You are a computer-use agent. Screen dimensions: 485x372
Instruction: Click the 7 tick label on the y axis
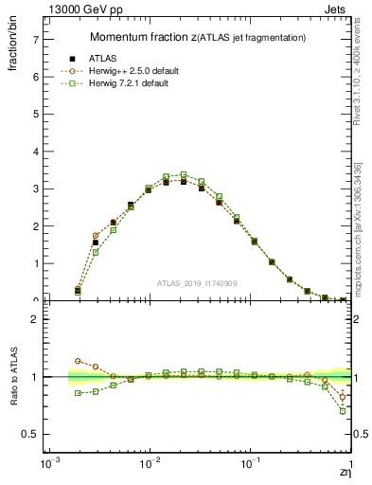(36, 40)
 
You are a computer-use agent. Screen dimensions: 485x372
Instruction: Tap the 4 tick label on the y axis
(36, 152)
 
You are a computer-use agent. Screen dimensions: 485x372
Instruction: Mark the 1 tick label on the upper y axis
(36, 263)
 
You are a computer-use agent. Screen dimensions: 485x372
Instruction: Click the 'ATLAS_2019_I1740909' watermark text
(200, 283)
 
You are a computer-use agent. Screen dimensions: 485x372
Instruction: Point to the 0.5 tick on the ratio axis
(31, 434)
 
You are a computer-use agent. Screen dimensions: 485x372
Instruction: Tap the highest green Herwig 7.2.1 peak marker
(184, 175)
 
